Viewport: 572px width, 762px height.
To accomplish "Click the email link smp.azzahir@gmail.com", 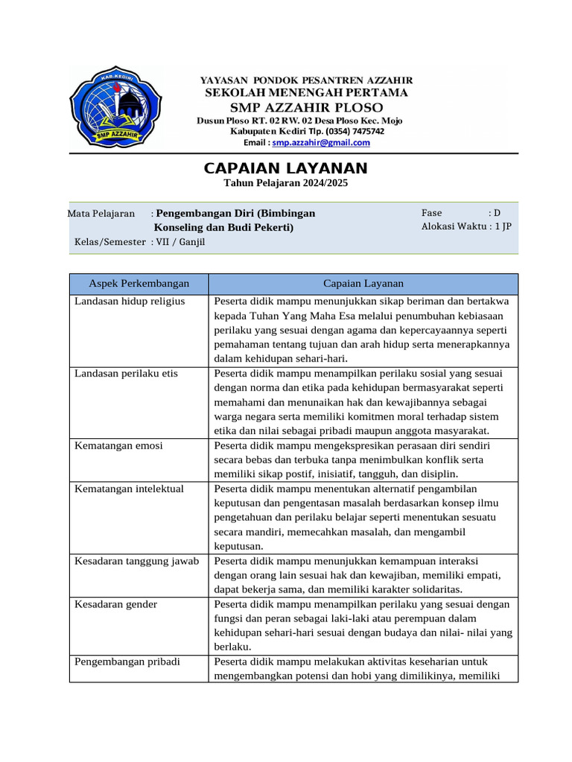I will (x=321, y=143).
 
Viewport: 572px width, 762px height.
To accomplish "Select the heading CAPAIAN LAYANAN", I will (x=285, y=169).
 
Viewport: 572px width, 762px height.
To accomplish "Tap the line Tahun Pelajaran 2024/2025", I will (x=285, y=183).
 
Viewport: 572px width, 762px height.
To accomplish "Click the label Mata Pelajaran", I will (x=101, y=214).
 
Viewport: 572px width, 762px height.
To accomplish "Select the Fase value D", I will (x=497, y=213).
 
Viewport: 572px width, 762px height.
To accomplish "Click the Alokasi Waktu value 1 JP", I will (x=503, y=227).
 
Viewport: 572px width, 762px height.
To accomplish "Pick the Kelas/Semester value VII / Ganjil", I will (x=179, y=242).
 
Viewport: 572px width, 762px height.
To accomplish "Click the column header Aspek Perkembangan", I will (x=139, y=284).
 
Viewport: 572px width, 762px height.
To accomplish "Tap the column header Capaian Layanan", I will (x=363, y=284).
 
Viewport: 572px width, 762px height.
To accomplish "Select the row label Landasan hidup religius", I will (x=130, y=301).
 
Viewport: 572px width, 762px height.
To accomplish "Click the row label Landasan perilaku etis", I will (x=126, y=374).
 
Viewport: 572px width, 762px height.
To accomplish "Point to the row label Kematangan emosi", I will (x=118, y=446).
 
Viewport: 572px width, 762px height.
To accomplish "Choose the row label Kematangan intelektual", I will (x=129, y=489).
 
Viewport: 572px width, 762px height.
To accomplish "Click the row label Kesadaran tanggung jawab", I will (x=136, y=561).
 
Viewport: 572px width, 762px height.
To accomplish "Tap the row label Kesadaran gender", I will (x=115, y=604).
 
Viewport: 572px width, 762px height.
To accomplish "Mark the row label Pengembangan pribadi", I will (x=127, y=662).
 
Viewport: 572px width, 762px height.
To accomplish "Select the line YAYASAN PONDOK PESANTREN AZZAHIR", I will (x=306, y=80).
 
